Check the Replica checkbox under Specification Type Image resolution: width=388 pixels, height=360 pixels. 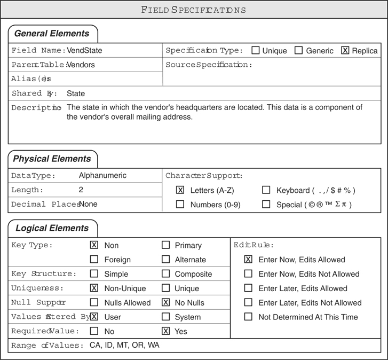point(345,51)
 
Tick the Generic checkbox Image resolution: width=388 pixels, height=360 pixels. point(299,51)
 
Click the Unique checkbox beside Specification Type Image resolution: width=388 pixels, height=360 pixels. point(256,51)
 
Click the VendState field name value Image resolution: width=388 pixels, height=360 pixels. point(84,51)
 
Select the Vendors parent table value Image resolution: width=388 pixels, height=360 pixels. point(82,65)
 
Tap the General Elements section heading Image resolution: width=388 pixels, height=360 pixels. point(52,33)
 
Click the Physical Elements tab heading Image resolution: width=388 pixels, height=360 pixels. point(52,159)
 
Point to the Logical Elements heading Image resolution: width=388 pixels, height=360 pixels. point(52,228)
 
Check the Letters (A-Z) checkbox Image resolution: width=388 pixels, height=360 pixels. point(180,190)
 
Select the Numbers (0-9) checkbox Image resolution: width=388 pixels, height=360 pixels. point(180,205)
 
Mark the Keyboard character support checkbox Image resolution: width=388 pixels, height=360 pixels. point(266,190)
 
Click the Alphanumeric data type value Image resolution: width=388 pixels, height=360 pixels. point(102,175)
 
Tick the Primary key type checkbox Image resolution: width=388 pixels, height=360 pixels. point(165,245)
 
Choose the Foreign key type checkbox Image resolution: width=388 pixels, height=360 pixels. point(94,260)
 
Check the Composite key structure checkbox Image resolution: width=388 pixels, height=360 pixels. point(165,274)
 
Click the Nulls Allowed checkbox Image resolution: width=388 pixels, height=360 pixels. point(94,303)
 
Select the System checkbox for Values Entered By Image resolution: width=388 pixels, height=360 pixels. point(165,317)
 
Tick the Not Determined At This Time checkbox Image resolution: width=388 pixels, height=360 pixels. point(248,317)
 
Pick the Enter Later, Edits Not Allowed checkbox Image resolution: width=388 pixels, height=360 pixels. point(248,303)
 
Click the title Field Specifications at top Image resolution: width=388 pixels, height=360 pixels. point(194,10)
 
